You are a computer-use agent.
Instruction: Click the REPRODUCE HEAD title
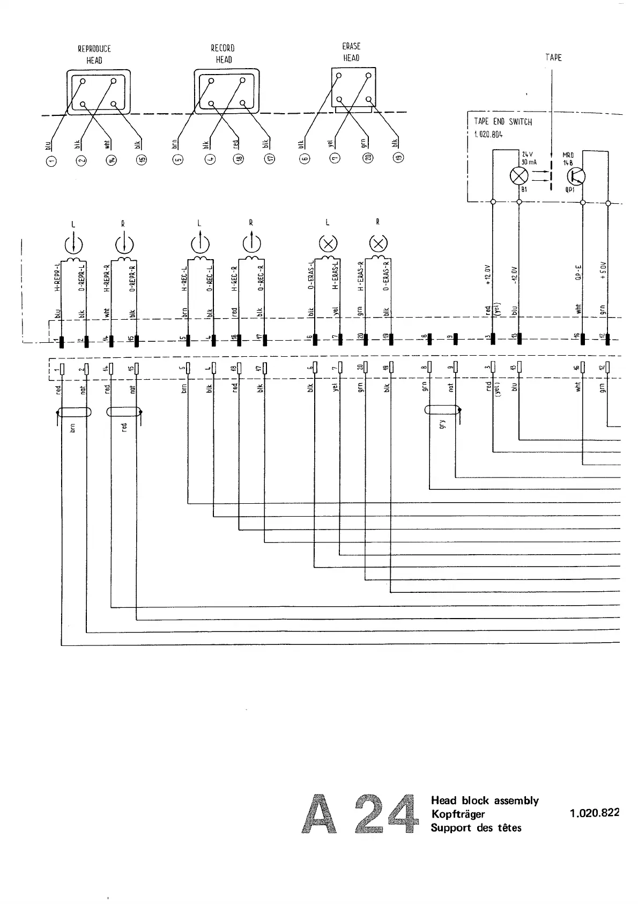click(x=94, y=54)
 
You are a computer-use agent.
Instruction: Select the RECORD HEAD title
click(x=223, y=54)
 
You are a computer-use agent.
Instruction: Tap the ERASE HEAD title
click(x=351, y=52)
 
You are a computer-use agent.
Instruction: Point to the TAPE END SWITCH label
click(x=503, y=122)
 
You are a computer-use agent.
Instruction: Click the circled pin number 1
click(x=51, y=159)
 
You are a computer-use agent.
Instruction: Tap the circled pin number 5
click(x=179, y=159)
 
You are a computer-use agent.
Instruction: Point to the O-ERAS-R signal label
click(x=387, y=275)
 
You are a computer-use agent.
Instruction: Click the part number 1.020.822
click(x=595, y=812)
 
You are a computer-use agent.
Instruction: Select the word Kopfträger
click(x=458, y=814)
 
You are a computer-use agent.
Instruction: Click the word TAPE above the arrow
click(x=553, y=57)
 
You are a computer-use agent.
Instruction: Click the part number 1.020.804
click(x=488, y=134)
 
